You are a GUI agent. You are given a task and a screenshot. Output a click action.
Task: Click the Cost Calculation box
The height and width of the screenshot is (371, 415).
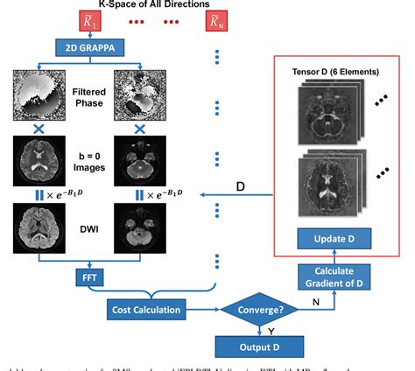pyautogui.click(x=145, y=309)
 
